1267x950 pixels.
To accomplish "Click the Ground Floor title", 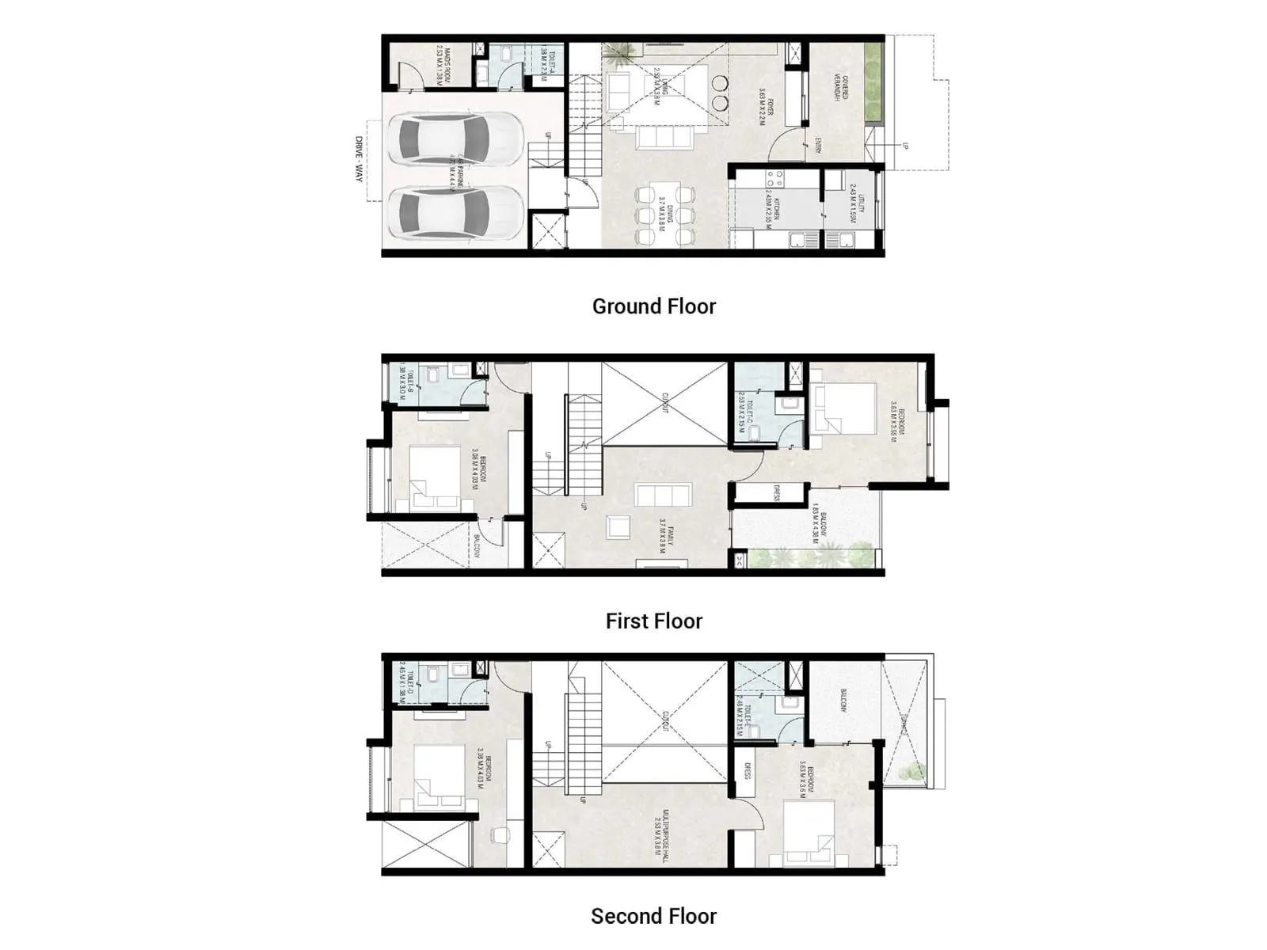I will point(654,306).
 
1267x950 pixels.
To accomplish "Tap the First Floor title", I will point(654,621).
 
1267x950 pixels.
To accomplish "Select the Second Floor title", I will point(654,916).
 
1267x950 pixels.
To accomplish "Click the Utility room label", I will point(857,203).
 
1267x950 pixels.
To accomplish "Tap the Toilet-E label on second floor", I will point(743,716).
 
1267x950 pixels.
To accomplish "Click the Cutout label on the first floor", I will point(665,403).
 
